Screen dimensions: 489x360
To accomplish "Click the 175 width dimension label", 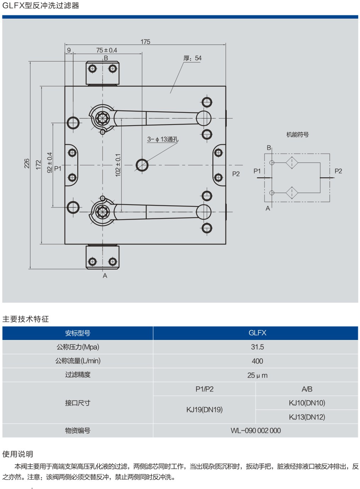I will tap(145, 42).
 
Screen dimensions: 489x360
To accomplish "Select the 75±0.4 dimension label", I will tap(107, 50).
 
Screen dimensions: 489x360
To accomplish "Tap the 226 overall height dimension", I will tap(27, 163).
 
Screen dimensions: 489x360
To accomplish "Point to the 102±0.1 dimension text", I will tap(118, 165).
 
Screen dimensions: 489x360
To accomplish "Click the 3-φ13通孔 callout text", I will tap(163, 139).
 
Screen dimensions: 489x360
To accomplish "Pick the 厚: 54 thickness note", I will tap(192, 58).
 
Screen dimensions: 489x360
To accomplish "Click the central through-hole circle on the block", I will tap(142, 165).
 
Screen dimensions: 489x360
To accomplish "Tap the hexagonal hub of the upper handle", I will tap(103, 118).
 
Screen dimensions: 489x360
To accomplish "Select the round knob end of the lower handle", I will tap(204, 212).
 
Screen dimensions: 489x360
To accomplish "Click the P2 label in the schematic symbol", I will tap(338, 171).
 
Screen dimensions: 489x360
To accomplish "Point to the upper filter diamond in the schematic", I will tap(292, 162).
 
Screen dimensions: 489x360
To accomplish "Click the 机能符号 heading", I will tap(297, 135).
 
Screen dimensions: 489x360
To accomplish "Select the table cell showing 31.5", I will tap(257, 347).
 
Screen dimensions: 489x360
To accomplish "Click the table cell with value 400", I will tap(257, 361).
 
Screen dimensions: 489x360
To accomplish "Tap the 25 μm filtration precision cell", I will tap(257, 375).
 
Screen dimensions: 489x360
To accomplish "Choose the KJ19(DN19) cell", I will tap(204, 410).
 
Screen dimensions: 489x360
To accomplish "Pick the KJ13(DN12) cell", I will tap(307, 417).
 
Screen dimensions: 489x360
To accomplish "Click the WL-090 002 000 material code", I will tap(255, 431).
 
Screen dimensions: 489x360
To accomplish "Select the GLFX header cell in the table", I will tap(257, 333).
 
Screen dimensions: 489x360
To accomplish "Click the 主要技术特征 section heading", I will tap(26, 319).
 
